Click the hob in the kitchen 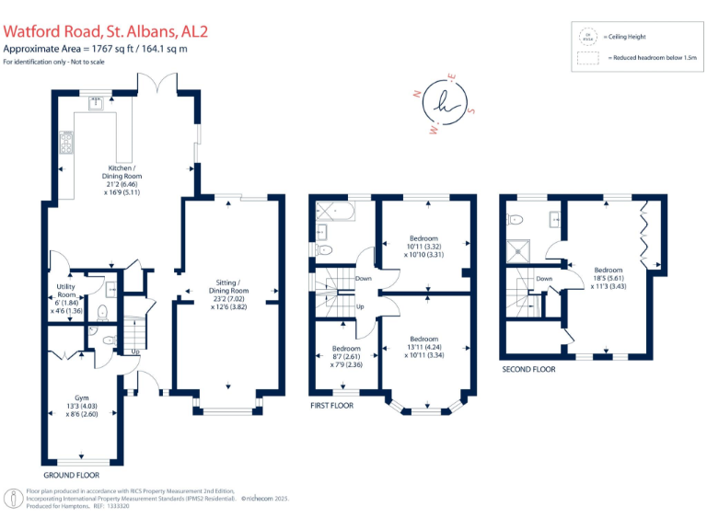(x=66, y=144)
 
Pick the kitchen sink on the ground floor (x=96, y=103)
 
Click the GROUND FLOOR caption (x=72, y=476)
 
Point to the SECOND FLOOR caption (x=528, y=369)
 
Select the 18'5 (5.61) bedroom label (x=608, y=277)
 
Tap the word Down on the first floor (x=364, y=279)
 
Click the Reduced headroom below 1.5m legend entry (x=646, y=57)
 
